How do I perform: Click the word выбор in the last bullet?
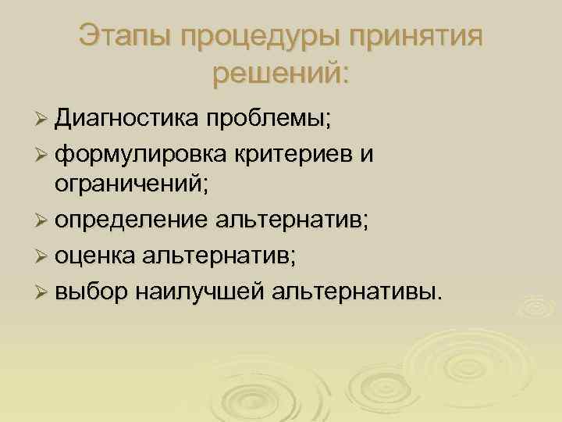(90, 291)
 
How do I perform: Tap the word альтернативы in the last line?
(355, 291)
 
